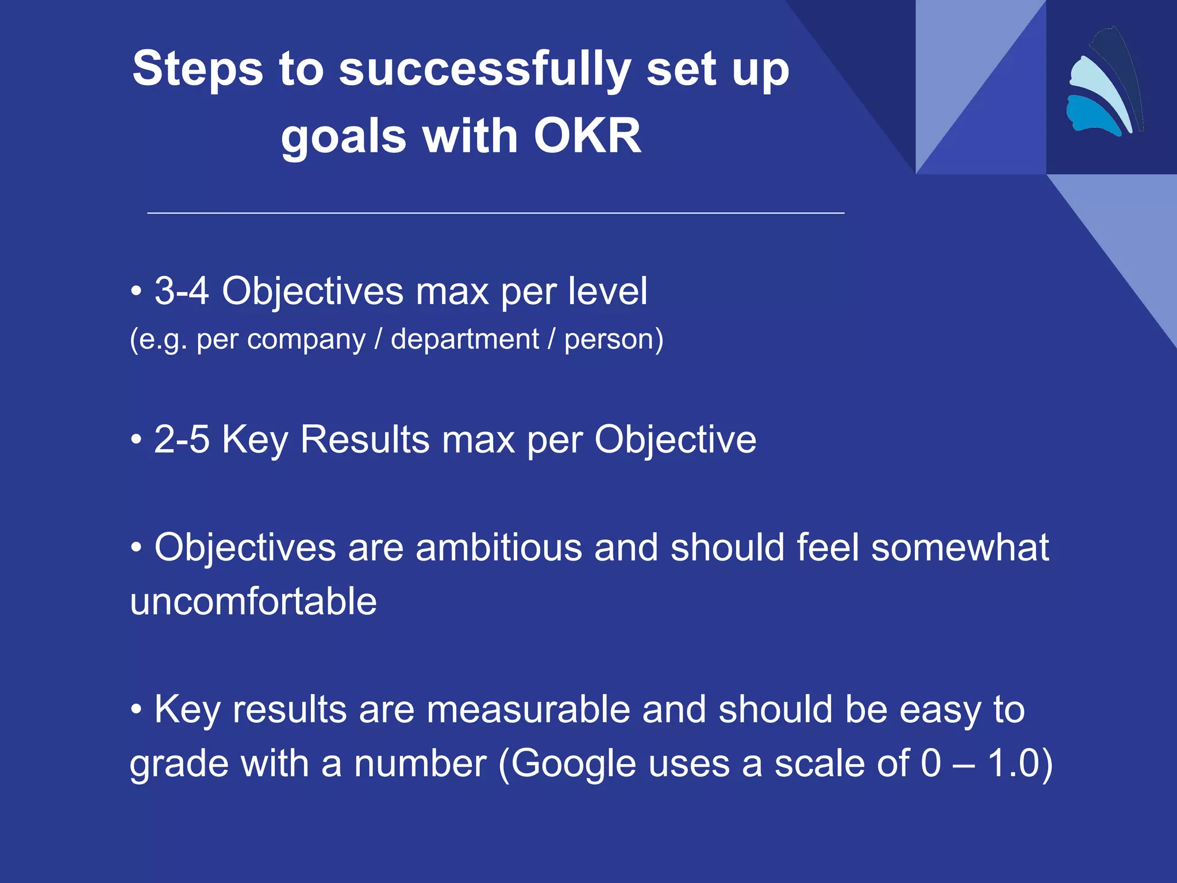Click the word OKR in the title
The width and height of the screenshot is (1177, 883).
(x=587, y=136)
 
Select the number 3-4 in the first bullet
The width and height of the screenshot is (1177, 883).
(x=181, y=291)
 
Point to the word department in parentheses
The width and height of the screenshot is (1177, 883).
(x=464, y=339)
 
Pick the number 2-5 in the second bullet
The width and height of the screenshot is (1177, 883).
(x=181, y=440)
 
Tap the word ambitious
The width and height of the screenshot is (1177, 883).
(x=498, y=547)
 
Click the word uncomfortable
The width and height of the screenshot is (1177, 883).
(x=253, y=602)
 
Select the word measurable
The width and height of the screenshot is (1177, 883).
(x=528, y=709)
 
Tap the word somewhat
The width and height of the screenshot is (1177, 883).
(x=960, y=547)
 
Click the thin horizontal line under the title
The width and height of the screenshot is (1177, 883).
(x=495, y=213)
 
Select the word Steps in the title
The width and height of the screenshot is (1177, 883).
(x=197, y=69)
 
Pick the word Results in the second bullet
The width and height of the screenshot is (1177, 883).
(x=364, y=440)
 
